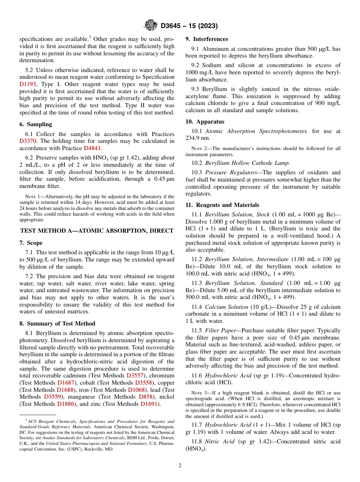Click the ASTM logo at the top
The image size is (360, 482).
pyautogui.click(x=151, y=26)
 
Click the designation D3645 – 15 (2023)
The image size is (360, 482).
pyautogui.click(x=189, y=26)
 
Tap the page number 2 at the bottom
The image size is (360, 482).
pyautogui.click(x=180, y=465)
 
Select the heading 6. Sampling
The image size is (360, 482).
pyautogui.click(x=36, y=124)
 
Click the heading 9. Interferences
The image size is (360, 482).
pyautogui.click(x=207, y=39)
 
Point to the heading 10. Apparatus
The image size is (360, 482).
pyautogui.click(x=205, y=122)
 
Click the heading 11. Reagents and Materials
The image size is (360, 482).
pyautogui.click(x=222, y=205)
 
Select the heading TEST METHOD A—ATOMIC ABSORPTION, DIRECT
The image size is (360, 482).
pyautogui.click(x=97, y=230)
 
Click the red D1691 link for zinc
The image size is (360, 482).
pyautogui.click(x=149, y=404)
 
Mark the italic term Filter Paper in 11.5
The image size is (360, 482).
pyautogui.click(x=220, y=330)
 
